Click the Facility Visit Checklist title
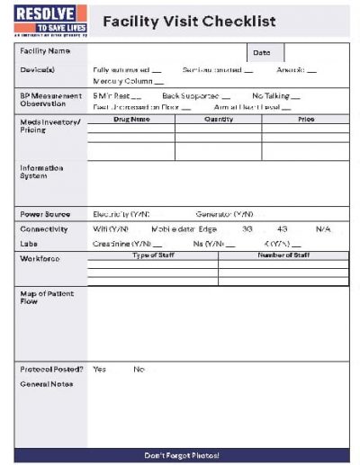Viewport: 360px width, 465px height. coord(189,21)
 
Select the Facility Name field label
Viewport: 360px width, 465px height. coord(45,51)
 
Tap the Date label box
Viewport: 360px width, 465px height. coord(262,53)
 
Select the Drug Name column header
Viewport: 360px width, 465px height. coord(131,119)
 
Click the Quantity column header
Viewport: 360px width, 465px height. coord(219,119)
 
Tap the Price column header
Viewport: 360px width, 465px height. coord(306,119)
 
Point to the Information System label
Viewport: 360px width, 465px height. coord(41,171)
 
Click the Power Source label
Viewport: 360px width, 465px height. coord(45,215)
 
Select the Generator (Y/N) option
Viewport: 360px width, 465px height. coord(224,215)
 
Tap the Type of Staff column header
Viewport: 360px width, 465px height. coord(153,256)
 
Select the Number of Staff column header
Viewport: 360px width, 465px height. coord(283,256)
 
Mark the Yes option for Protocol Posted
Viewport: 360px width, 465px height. coord(99,369)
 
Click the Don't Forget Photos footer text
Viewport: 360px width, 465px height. coord(181,456)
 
